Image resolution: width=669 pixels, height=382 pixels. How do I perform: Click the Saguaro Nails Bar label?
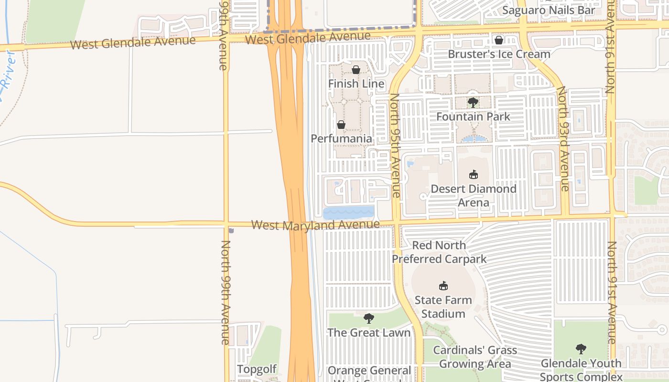549,10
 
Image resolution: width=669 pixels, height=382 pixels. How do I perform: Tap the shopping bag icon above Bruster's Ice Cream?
499,40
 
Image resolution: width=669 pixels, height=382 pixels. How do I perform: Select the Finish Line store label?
356,84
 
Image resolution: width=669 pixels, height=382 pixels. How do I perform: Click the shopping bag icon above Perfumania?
341,125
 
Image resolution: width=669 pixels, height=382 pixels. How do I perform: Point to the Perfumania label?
341,138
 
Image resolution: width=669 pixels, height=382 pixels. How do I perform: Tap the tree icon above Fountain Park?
473,102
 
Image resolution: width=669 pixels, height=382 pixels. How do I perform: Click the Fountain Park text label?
473,117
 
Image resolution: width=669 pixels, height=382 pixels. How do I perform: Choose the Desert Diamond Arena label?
473,195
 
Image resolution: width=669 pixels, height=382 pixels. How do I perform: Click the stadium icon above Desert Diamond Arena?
473,174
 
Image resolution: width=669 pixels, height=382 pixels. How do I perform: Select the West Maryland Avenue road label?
315,224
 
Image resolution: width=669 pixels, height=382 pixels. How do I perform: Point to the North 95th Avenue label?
395,145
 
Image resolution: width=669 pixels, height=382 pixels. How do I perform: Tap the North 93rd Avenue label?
564,139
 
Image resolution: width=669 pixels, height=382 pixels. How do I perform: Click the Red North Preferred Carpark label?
439,252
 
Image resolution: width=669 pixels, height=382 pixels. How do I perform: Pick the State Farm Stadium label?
443,307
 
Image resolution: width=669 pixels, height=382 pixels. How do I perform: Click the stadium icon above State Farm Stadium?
443,286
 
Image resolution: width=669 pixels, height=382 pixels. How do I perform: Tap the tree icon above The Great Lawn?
368,318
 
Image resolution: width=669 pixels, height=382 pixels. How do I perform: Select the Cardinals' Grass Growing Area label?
475,357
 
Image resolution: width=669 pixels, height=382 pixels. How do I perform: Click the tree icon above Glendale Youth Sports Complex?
581,349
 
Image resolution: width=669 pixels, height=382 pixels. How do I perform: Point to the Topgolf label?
257,369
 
